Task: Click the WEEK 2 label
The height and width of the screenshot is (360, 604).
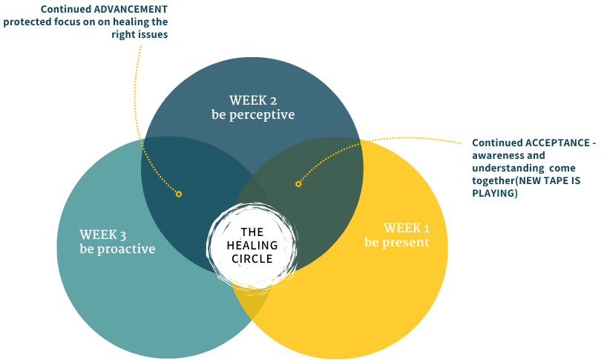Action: [252, 100]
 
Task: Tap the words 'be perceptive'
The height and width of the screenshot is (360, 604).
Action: [252, 115]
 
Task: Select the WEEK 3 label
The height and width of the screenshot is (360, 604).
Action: [105, 235]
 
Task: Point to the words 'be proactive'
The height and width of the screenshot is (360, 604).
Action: [117, 249]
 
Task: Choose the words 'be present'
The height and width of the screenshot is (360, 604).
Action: [396, 243]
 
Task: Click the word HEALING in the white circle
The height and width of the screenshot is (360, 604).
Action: [253, 246]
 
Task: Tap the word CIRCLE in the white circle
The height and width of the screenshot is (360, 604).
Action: [252, 259]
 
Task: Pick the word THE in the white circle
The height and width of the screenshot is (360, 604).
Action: [252, 232]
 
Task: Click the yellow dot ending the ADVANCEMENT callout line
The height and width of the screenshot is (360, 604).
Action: [179, 194]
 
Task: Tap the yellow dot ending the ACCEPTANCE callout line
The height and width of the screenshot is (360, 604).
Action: [298, 183]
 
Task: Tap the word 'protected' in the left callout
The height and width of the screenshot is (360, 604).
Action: [27, 22]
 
